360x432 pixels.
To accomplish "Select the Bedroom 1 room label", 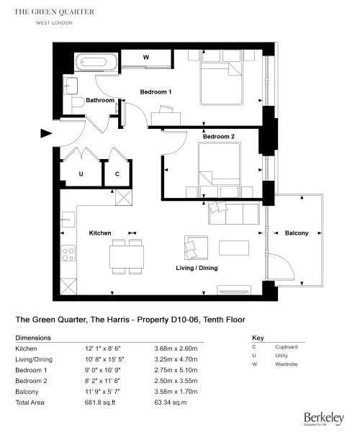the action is point(156,91).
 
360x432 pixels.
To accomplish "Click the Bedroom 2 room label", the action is point(218,136).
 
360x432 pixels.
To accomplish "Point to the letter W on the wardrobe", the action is point(146,58).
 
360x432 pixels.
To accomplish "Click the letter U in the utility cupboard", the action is point(81,174).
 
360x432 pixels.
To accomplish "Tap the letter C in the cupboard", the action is point(117,174).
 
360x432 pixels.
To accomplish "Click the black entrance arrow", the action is point(46,133).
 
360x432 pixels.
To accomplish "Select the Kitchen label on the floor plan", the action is point(100,233).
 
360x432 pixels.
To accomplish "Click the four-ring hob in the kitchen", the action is point(68,253).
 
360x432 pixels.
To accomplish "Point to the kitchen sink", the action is point(68,220).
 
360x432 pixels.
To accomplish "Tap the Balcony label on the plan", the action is point(297,233).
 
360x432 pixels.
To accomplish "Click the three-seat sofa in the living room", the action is point(233,212).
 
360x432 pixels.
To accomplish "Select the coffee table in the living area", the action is point(234,248).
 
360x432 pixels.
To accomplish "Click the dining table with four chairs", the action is point(127,257).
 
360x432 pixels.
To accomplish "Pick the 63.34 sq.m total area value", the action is point(171,402).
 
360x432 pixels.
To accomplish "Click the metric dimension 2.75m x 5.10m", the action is point(176,370).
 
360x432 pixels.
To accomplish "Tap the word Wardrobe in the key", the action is point(286,364).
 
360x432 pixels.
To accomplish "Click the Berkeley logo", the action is point(324,419).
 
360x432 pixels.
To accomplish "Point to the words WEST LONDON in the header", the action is point(54,23).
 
